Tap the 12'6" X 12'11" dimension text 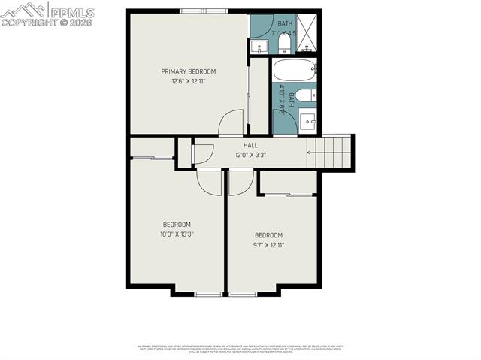[188, 81]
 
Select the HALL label [250, 145]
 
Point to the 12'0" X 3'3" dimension [250, 155]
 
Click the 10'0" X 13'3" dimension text [177, 234]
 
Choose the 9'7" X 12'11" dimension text [268, 244]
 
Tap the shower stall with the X [308, 34]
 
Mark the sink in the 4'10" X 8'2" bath [307, 121]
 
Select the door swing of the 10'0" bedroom [210, 182]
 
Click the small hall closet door [192, 153]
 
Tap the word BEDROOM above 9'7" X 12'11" [268, 235]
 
